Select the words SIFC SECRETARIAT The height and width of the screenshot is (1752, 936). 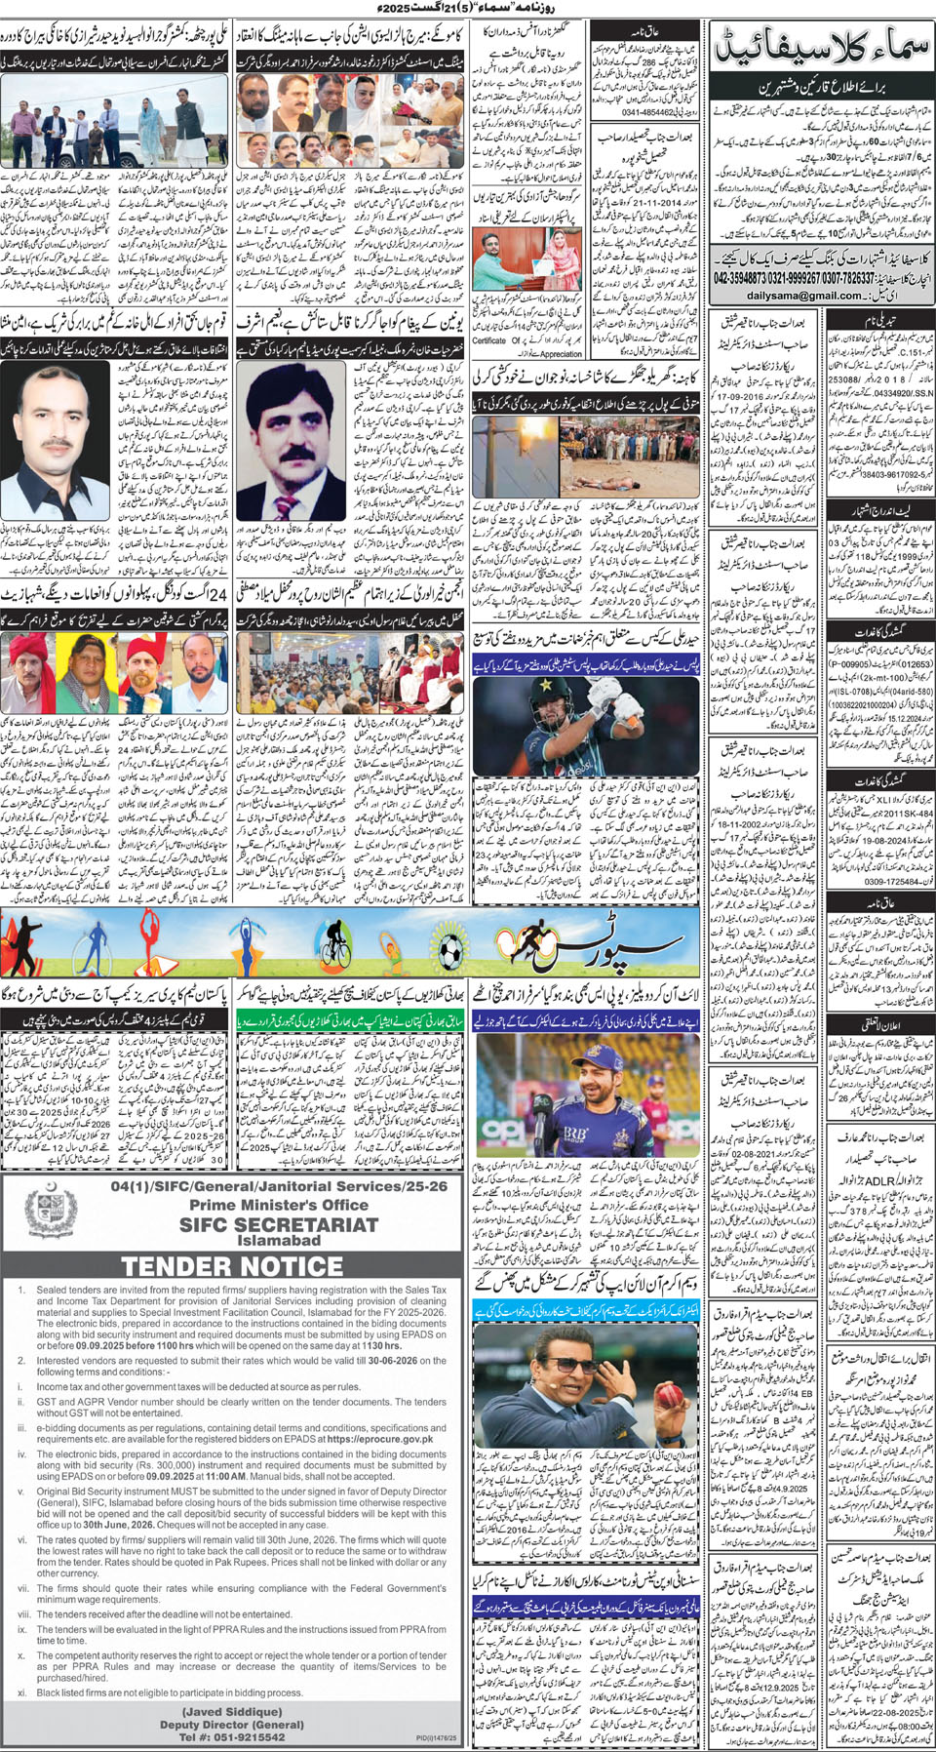279,1224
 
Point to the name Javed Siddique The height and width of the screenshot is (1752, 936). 232,1711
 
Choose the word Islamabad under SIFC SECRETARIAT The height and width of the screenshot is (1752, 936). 279,1241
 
